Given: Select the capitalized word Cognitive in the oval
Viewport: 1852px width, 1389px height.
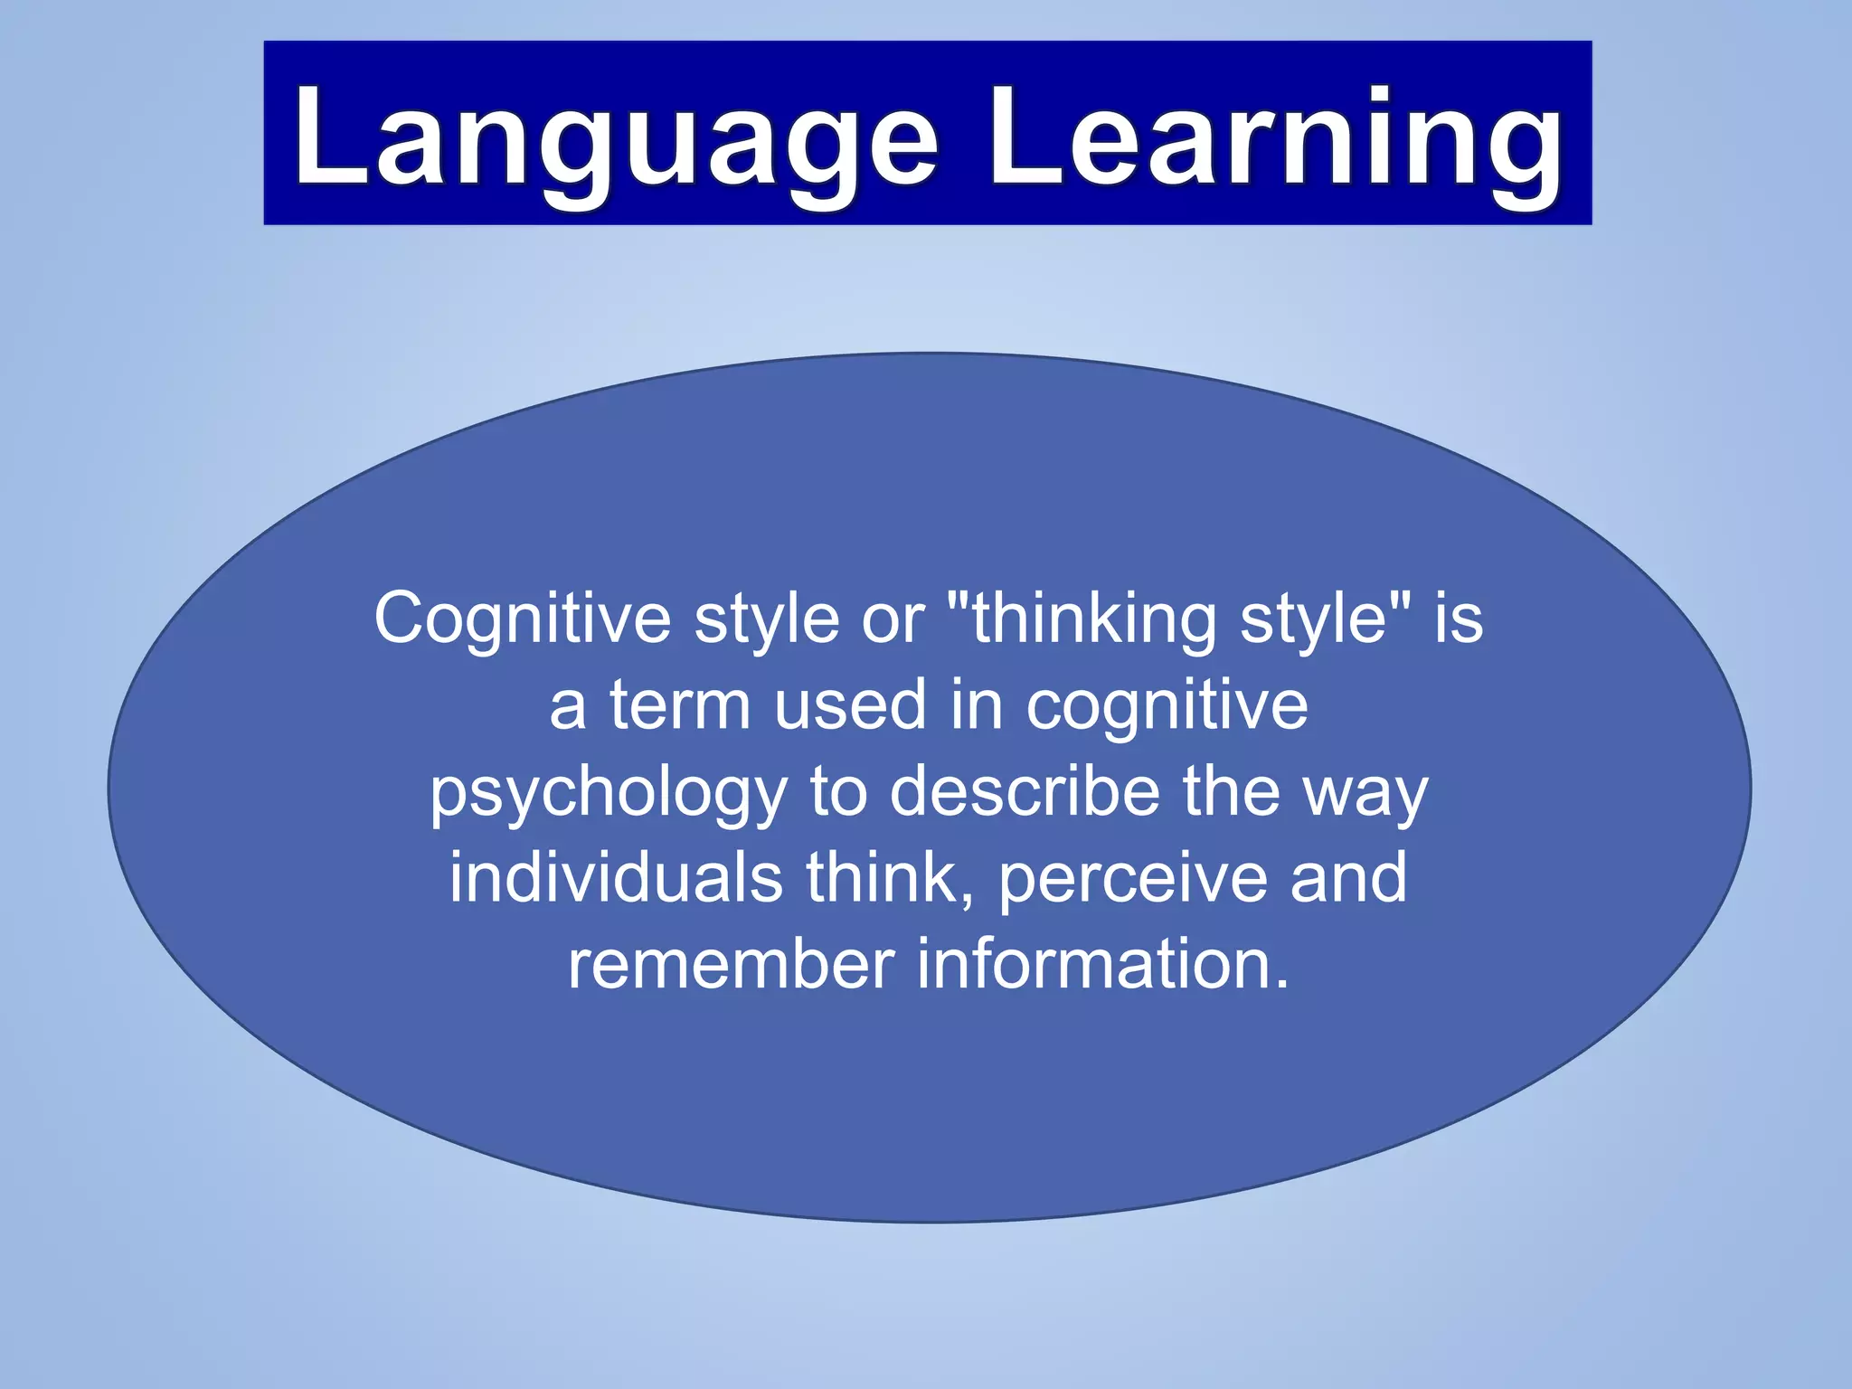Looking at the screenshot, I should click(x=523, y=619).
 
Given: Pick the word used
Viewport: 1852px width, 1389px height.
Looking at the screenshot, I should click(x=850, y=705).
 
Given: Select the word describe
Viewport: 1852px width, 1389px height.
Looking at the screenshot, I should click(x=1025, y=791).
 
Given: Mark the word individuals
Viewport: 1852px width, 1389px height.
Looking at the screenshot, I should click(x=616, y=877).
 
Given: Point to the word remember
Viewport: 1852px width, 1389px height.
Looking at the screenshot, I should click(x=732, y=964).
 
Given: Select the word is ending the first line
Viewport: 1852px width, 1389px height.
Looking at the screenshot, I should click(x=1459, y=619).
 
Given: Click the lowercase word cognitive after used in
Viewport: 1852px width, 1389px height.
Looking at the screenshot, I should click(x=1167, y=705).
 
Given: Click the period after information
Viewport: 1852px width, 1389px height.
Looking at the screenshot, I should click(x=1280, y=985).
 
